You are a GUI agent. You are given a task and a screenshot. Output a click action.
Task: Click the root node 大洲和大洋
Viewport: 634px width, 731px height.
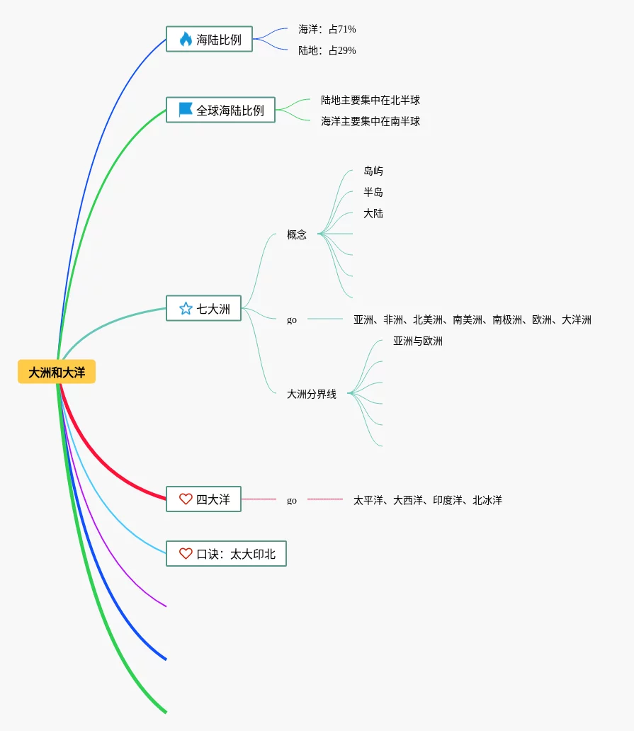(57, 372)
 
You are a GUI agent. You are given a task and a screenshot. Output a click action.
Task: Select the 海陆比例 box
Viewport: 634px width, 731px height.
(209, 40)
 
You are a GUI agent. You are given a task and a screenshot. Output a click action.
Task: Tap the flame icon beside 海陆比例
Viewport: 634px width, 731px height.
(186, 40)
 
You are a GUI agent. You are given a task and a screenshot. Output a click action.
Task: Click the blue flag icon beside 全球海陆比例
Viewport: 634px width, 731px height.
(186, 110)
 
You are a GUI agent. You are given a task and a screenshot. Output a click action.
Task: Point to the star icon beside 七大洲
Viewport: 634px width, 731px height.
(186, 309)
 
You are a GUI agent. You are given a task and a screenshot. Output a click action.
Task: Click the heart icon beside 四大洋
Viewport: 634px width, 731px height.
(186, 499)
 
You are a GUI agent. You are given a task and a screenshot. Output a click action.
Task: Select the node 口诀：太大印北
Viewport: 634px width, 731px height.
(226, 554)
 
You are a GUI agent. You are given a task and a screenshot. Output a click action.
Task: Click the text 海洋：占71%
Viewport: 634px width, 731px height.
(327, 29)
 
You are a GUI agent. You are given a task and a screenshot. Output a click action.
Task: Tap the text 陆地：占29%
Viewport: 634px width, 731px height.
(327, 50)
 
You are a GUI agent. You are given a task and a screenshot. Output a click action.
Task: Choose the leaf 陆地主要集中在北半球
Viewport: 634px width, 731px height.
(370, 100)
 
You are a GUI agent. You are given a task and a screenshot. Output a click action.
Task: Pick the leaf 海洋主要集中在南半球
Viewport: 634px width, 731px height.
(370, 121)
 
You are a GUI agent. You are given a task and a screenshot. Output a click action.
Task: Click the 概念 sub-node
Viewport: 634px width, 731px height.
(297, 234)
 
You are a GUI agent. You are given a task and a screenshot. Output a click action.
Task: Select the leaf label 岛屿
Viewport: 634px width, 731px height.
(373, 171)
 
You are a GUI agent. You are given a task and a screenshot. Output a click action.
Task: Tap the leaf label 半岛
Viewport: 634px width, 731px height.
(373, 192)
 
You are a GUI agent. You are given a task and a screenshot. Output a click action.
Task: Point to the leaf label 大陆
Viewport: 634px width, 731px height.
(373, 213)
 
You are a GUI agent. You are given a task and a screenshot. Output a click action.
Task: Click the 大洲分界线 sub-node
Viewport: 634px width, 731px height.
(312, 394)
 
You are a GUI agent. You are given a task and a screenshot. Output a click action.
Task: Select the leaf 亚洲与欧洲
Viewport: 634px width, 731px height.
(418, 341)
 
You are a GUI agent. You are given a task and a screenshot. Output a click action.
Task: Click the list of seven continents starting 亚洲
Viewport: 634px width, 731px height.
(472, 319)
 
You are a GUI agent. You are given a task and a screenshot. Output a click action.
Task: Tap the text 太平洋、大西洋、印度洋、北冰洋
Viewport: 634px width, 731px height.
(428, 500)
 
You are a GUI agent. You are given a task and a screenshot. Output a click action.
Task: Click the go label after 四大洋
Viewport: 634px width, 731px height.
(292, 500)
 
